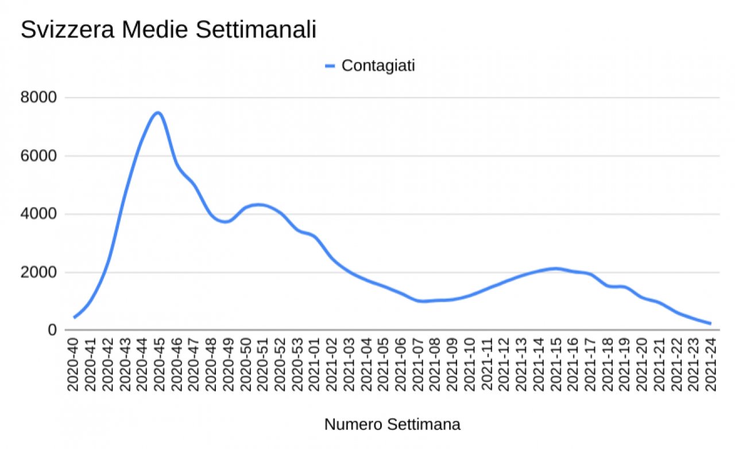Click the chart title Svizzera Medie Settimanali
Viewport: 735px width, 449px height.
tap(168, 30)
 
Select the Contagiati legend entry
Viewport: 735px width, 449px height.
tap(378, 66)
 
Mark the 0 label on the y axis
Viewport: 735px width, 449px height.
tap(52, 331)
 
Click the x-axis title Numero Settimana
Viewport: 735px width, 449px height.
tap(392, 425)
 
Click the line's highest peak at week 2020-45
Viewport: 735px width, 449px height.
tap(158, 112)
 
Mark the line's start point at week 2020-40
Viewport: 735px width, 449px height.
tap(74, 317)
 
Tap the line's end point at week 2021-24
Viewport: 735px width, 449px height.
tap(710, 323)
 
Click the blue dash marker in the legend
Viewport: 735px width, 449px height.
tap(330, 66)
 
